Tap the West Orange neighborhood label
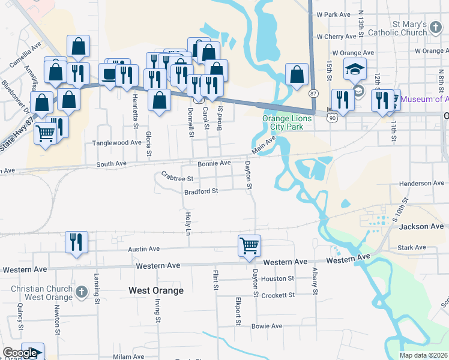point(156,290)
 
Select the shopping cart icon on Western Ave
point(249,245)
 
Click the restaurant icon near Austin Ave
point(76,242)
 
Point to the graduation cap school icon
point(355,70)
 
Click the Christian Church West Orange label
point(35,293)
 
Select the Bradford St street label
point(200,191)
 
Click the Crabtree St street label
point(178,178)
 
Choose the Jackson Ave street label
point(421,226)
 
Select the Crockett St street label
point(279,295)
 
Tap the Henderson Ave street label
point(424,184)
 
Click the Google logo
point(20,353)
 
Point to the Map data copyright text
point(423,356)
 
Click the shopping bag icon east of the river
point(297,75)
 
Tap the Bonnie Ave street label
point(214,163)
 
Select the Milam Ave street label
point(129,356)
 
